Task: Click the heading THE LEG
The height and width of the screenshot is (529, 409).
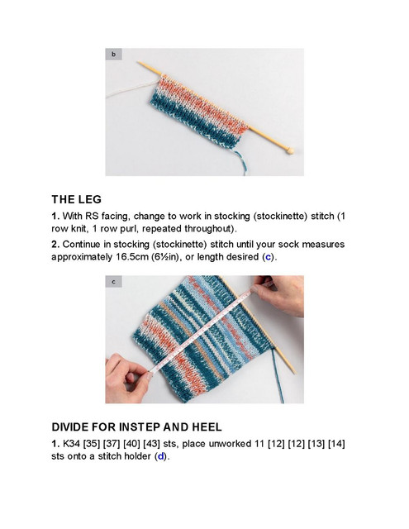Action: [77, 199]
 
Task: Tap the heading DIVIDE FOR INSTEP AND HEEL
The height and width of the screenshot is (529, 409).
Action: [136, 427]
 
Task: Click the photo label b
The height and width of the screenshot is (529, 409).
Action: [114, 54]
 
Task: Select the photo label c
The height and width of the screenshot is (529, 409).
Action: [114, 281]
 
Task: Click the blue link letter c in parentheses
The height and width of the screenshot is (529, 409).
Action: [268, 257]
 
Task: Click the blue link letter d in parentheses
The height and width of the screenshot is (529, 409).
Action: [160, 456]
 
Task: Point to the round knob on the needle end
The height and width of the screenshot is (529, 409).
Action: [289, 150]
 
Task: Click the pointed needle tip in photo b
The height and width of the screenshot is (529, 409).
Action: [138, 63]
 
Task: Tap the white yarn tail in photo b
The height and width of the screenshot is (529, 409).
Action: [131, 88]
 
